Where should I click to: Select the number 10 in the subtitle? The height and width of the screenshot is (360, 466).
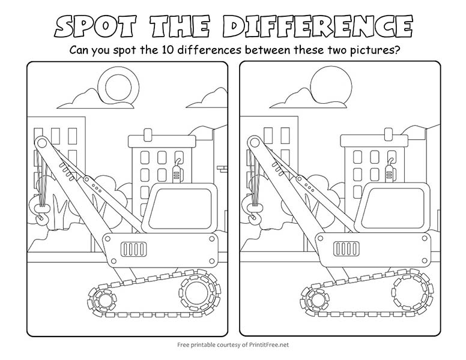pyautogui.click(x=168, y=50)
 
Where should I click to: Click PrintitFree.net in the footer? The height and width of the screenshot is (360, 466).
pyautogui.click(x=268, y=345)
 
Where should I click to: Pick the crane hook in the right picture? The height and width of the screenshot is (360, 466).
pyautogui.click(x=253, y=212)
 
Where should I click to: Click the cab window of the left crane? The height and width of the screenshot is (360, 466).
pyautogui.click(x=180, y=209)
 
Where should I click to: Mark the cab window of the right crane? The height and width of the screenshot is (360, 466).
pyautogui.click(x=393, y=209)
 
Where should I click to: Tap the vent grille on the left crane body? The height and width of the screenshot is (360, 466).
pyautogui.click(x=134, y=249)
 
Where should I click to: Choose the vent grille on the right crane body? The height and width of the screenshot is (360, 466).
pyautogui.click(x=346, y=249)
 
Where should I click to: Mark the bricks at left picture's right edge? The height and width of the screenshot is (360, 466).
pyautogui.click(x=222, y=169)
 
